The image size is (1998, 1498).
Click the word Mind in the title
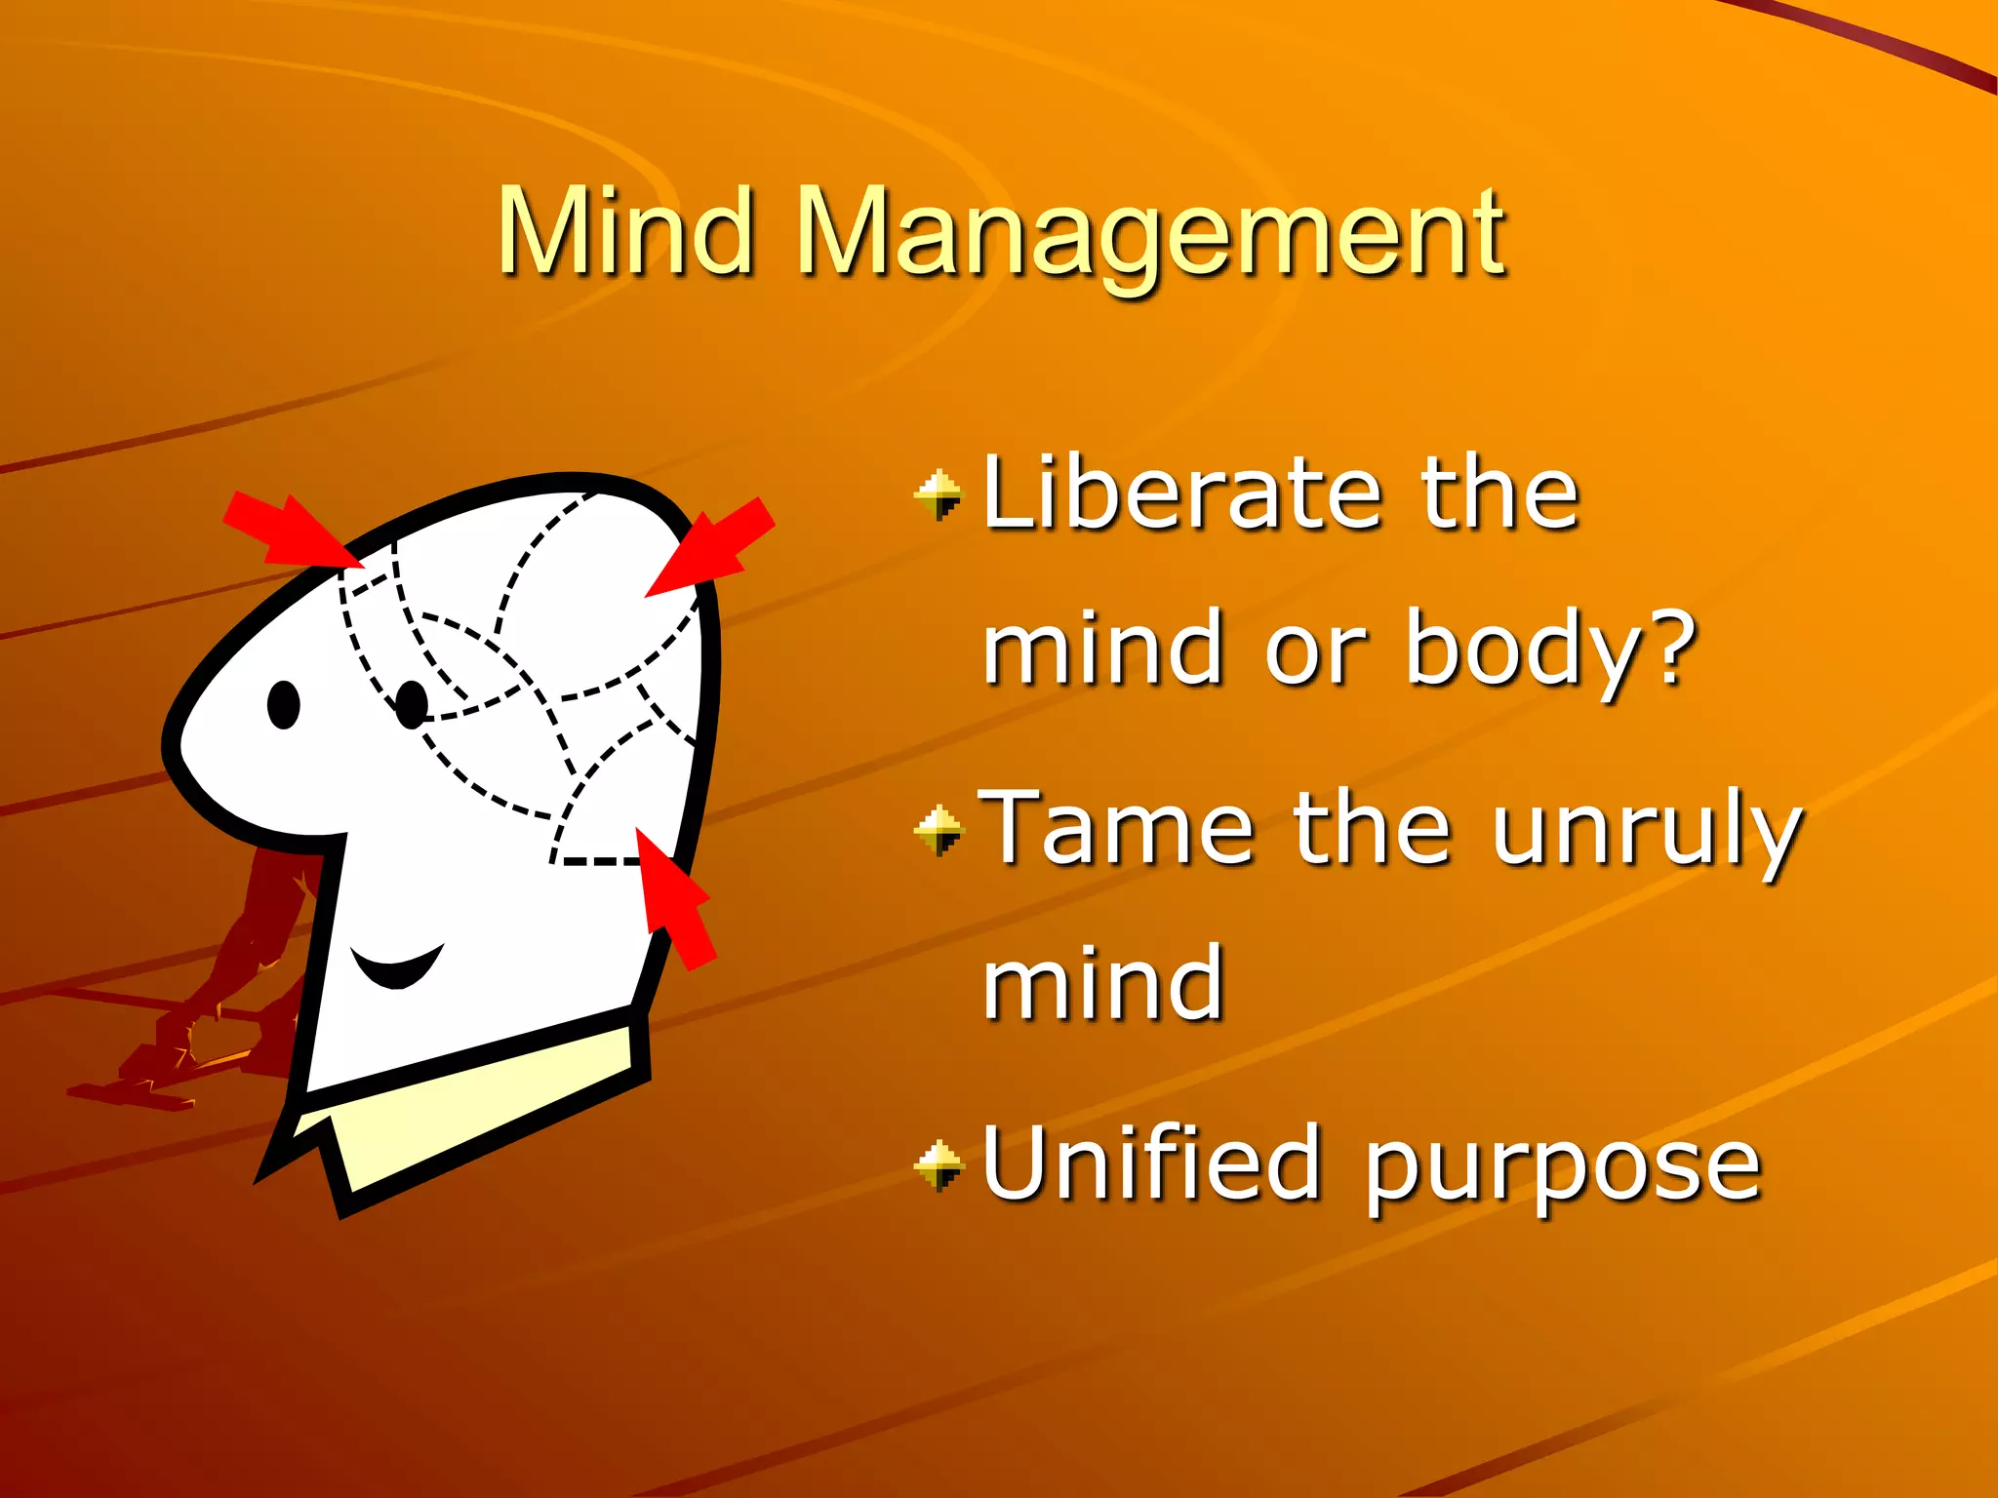pyautogui.click(x=625, y=231)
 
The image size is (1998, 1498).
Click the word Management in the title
pyautogui.click(x=1151, y=234)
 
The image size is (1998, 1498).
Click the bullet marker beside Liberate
pyautogui.click(x=939, y=495)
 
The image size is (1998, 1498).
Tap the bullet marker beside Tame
pyautogui.click(x=939, y=830)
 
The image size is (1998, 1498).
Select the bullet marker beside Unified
pyautogui.click(x=939, y=1164)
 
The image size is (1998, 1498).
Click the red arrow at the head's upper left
pyautogui.click(x=293, y=531)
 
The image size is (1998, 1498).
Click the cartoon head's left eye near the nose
pyautogui.click(x=283, y=704)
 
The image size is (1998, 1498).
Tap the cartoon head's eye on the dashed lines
pyautogui.click(x=412, y=704)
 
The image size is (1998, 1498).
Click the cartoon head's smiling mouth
pyautogui.click(x=397, y=966)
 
